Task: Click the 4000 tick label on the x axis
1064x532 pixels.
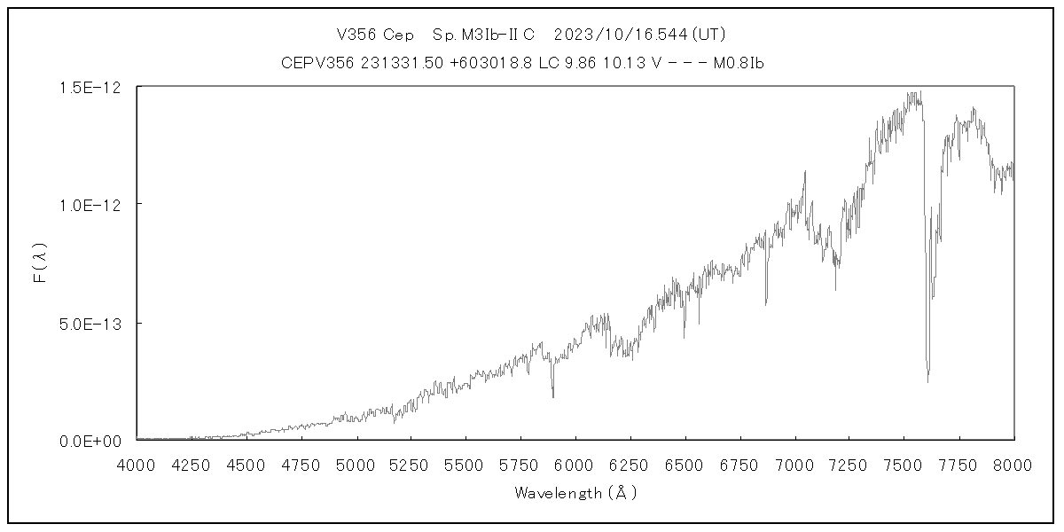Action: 137,464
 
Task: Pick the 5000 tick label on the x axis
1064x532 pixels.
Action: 356,464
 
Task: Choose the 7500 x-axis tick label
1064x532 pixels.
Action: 904,464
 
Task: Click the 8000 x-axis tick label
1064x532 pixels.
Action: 1013,464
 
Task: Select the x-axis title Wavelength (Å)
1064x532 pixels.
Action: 575,493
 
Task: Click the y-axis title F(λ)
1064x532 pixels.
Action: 41,264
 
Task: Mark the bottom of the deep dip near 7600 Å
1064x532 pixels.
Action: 928,381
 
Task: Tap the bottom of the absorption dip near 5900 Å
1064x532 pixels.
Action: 553,396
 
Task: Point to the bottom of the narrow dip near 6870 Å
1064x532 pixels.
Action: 766,304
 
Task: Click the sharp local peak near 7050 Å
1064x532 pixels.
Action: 805,172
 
